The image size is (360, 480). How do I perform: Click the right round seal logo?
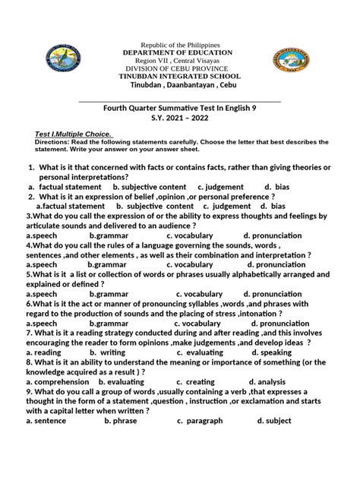(x=292, y=66)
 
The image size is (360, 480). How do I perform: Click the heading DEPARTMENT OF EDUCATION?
(x=179, y=52)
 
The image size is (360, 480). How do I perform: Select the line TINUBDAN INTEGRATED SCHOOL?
(x=179, y=77)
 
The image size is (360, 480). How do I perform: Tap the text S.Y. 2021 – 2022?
(x=179, y=118)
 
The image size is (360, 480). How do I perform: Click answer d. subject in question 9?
(x=274, y=420)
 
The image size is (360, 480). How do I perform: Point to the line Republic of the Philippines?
(x=179, y=42)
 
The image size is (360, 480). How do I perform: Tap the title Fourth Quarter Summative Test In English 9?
(x=179, y=108)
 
